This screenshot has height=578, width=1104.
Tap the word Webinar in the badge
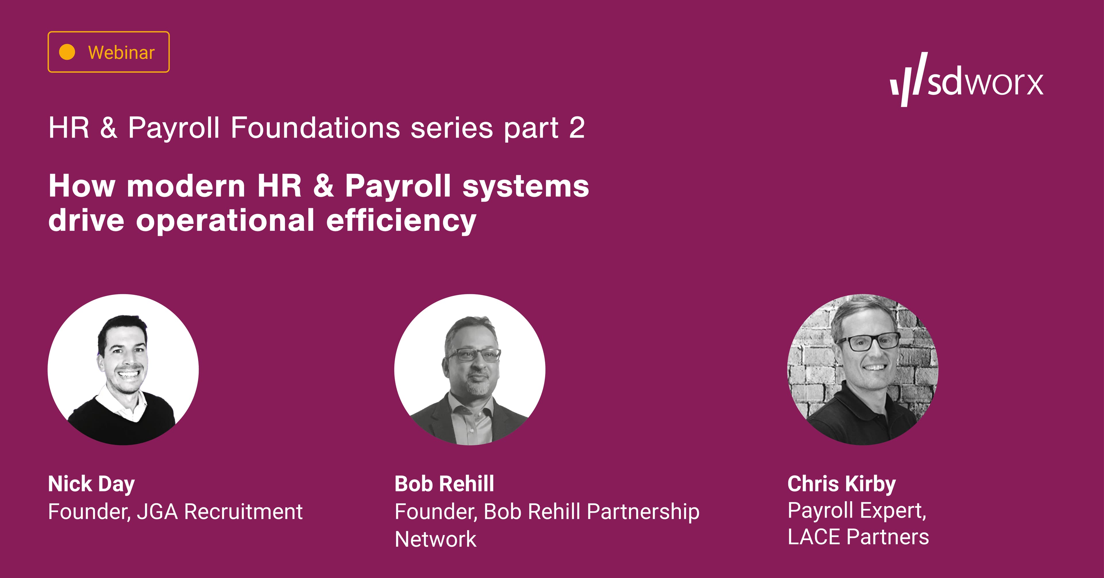121,52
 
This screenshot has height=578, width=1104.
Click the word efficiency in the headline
401,220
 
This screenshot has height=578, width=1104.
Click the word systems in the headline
526,187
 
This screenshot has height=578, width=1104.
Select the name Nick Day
91,484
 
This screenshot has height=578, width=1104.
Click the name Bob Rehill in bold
444,484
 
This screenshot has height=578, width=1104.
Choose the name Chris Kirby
841,484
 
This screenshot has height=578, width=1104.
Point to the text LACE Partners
858,536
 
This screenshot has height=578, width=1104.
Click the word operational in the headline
225,220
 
